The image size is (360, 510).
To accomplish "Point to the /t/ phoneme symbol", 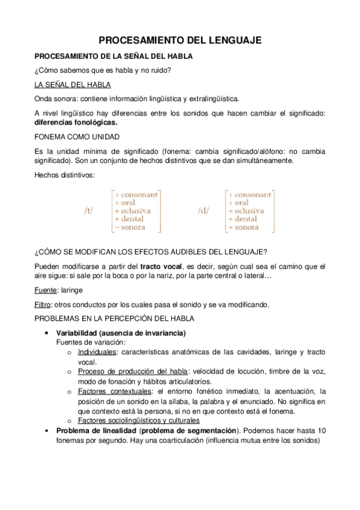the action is click(x=89, y=212).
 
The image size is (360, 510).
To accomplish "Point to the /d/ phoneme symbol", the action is click(x=202, y=212).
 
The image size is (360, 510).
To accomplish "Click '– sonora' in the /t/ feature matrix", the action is click(x=133, y=229).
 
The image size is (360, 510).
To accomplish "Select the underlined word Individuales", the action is click(x=97, y=352).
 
